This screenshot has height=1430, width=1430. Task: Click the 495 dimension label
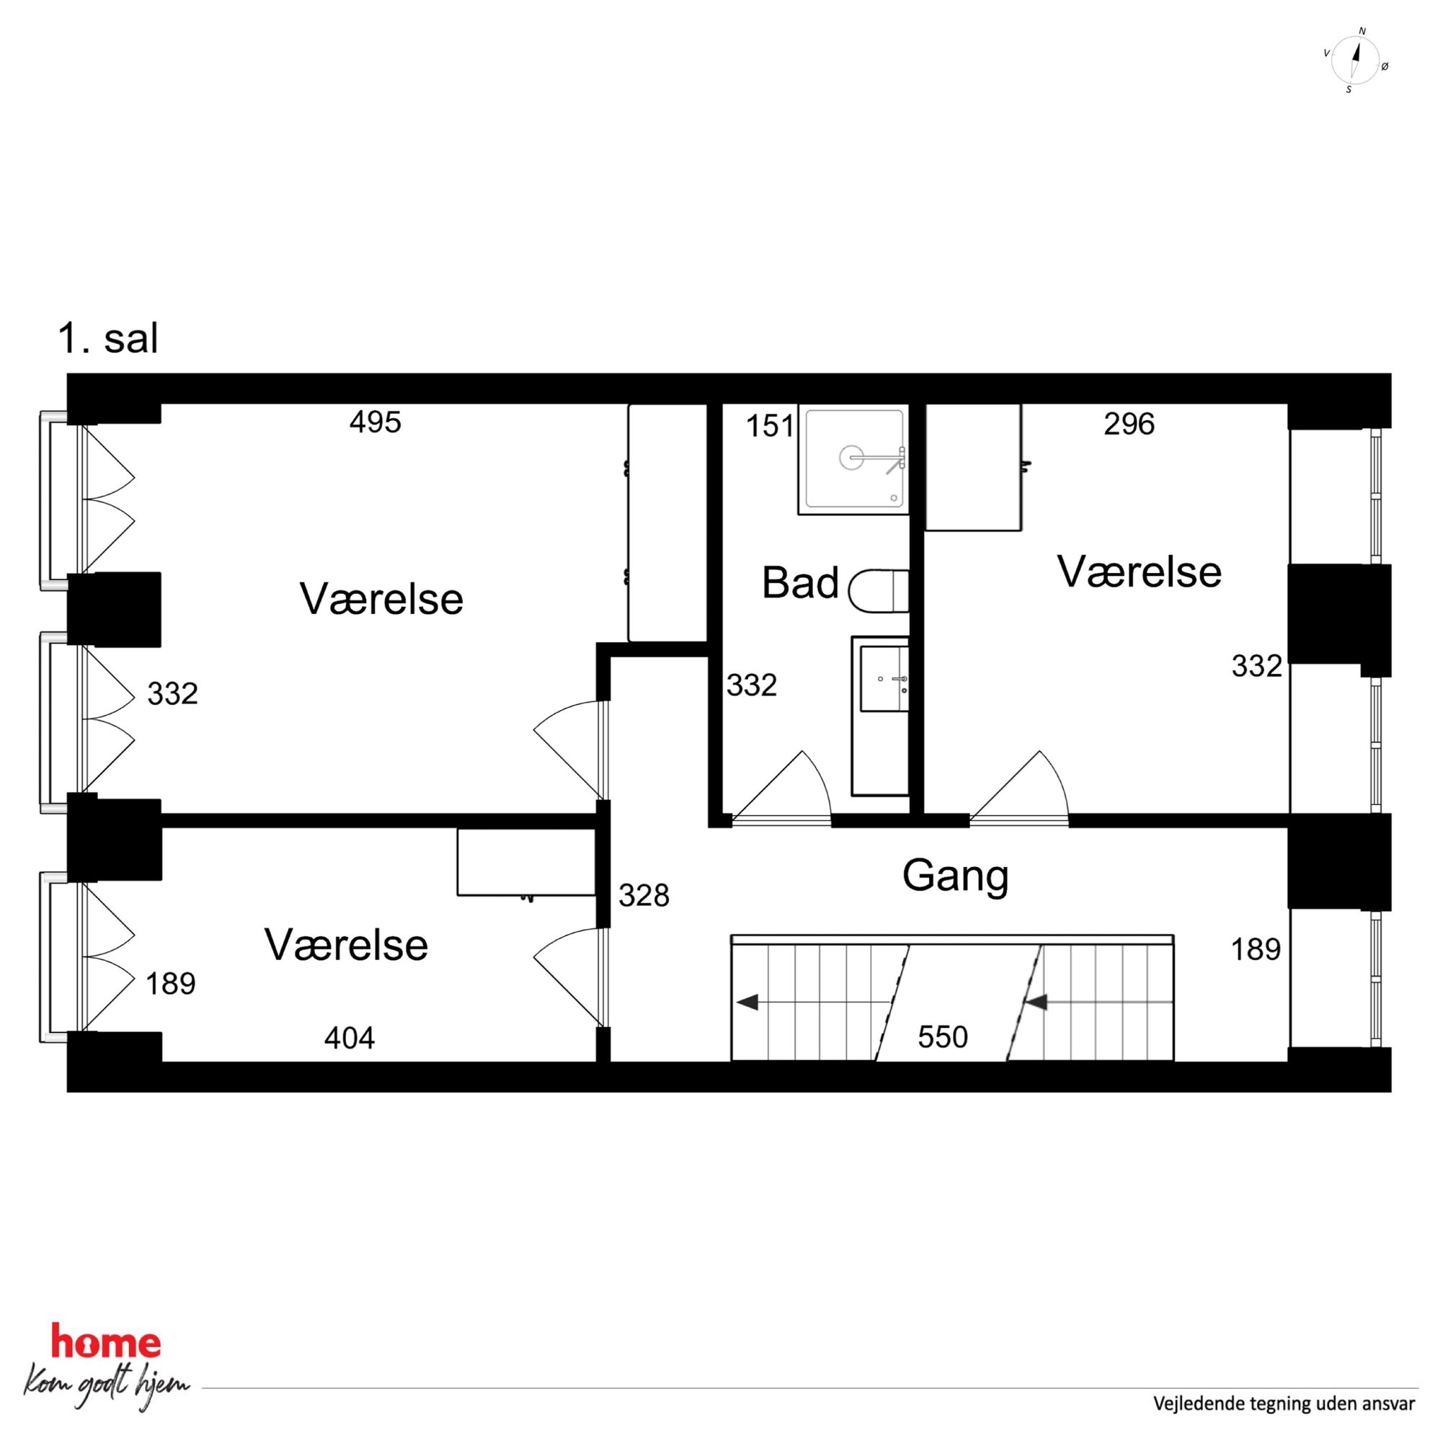pyautogui.click(x=376, y=422)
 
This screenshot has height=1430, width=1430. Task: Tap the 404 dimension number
pyautogui.click(x=350, y=1039)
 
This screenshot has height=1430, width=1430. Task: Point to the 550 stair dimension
pyautogui.click(x=943, y=1037)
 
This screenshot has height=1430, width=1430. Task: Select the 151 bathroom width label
pyautogui.click(x=770, y=427)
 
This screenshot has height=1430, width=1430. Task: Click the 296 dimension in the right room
pyautogui.click(x=1129, y=424)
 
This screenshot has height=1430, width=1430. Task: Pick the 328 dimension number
pyautogui.click(x=644, y=896)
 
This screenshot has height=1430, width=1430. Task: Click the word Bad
pyautogui.click(x=800, y=582)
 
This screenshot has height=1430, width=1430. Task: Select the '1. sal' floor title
pyautogui.click(x=108, y=339)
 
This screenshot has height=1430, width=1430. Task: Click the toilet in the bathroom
pyautogui.click(x=879, y=590)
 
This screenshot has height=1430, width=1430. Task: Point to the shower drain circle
pyautogui.click(x=851, y=458)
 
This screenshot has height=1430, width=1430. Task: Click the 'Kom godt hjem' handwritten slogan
pyautogui.click(x=106, y=1385)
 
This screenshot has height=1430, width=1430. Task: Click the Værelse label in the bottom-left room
pyautogui.click(x=347, y=945)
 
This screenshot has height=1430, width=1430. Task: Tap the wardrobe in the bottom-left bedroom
pyautogui.click(x=526, y=862)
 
